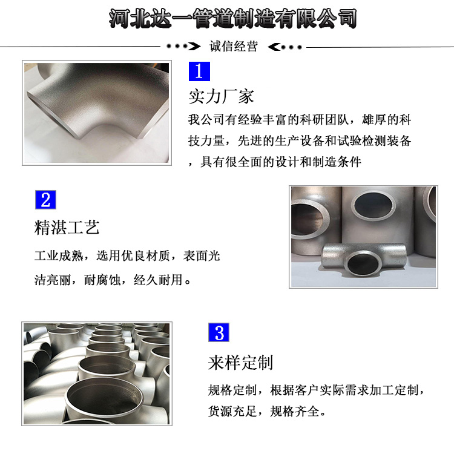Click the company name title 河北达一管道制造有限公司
[x=233, y=19]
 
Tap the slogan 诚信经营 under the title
[x=234, y=47]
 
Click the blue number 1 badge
[x=199, y=71]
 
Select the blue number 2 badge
[x=46, y=200]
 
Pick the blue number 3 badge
[x=219, y=332]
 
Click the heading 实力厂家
[x=221, y=96]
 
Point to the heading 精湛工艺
[x=67, y=227]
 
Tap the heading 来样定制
[x=240, y=363]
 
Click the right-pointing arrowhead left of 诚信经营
[x=194, y=47]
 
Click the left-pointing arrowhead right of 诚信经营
[x=274, y=47]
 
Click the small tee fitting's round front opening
[x=364, y=263]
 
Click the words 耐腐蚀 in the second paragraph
[x=102, y=280]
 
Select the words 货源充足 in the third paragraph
[x=232, y=411]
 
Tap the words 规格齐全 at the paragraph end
[x=294, y=411]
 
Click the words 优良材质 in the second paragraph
[x=145, y=256]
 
